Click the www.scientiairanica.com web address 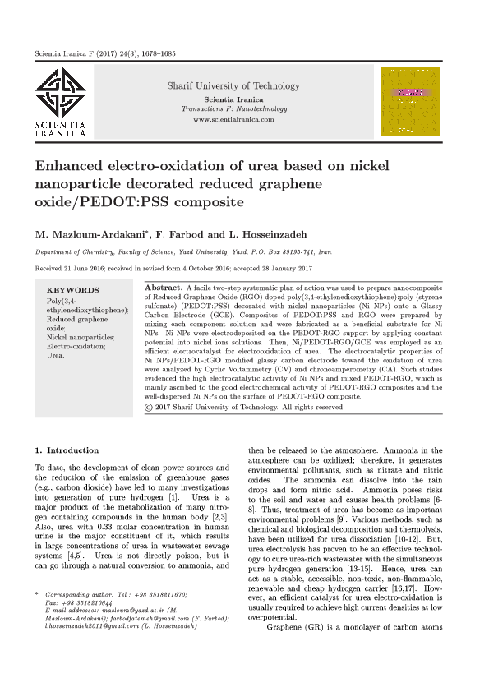click(x=233, y=120)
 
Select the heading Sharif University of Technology click(x=233, y=86)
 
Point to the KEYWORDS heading click(x=72, y=290)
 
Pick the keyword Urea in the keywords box click(x=55, y=355)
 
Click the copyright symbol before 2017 click(x=148, y=407)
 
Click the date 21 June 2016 click(x=95, y=269)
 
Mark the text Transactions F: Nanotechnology click(x=233, y=109)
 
